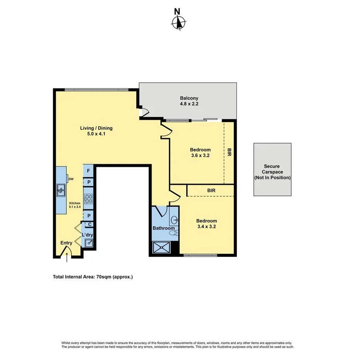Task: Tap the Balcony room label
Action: point(189,98)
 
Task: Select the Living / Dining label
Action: point(96,128)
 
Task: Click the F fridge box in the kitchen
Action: point(89,171)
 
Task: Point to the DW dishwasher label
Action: point(71,179)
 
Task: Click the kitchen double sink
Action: point(61,189)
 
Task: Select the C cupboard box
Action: point(90,224)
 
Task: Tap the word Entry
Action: point(66,243)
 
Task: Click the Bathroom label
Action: point(163,228)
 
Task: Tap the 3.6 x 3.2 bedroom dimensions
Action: point(200,156)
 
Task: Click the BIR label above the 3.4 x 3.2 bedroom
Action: point(211,190)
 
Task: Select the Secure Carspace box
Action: point(272,170)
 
